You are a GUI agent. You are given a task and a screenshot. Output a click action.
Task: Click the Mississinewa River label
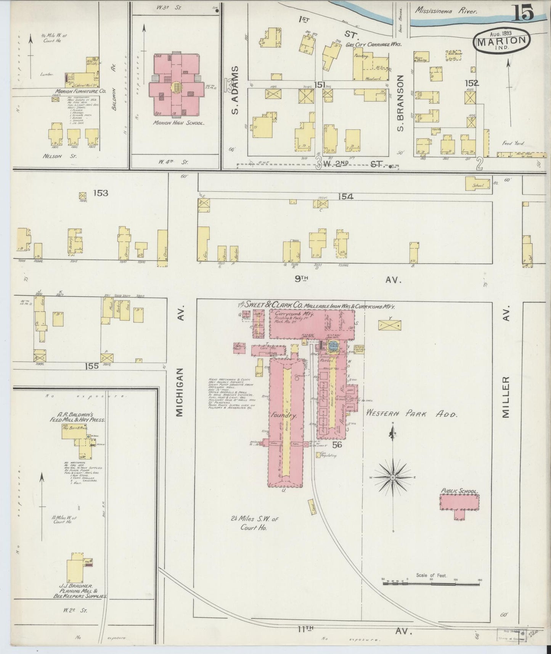point(446,12)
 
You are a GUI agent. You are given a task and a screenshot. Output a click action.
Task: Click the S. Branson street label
point(400,102)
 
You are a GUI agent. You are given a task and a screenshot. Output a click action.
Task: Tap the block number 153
point(101,193)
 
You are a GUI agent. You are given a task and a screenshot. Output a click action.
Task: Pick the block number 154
point(345,197)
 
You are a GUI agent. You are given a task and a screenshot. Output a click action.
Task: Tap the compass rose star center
point(393,477)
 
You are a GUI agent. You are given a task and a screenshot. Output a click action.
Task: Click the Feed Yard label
point(513,143)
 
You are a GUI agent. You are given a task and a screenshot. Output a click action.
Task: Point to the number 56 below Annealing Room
point(337,445)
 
